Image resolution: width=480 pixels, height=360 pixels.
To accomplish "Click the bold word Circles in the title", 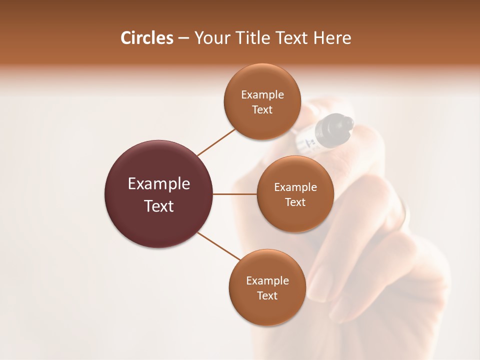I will [147, 38].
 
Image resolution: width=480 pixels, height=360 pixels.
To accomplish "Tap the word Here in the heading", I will [332, 38].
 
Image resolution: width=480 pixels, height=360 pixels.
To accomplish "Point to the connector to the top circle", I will [216, 142].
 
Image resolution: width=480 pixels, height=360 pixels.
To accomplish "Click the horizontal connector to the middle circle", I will [234, 194].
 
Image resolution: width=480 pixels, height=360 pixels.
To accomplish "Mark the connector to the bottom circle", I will [218, 246].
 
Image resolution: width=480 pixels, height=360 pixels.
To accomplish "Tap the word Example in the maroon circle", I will [159, 184].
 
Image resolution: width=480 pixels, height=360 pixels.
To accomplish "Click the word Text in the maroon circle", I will [159, 206].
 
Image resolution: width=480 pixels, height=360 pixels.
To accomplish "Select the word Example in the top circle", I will [262, 94].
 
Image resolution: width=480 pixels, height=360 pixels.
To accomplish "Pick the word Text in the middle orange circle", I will [295, 202].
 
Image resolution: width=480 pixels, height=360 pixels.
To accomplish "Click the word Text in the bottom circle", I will [267, 295].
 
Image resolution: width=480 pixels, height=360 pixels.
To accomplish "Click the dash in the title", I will [183, 38].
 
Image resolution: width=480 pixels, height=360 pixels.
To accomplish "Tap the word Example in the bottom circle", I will [267, 280].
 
